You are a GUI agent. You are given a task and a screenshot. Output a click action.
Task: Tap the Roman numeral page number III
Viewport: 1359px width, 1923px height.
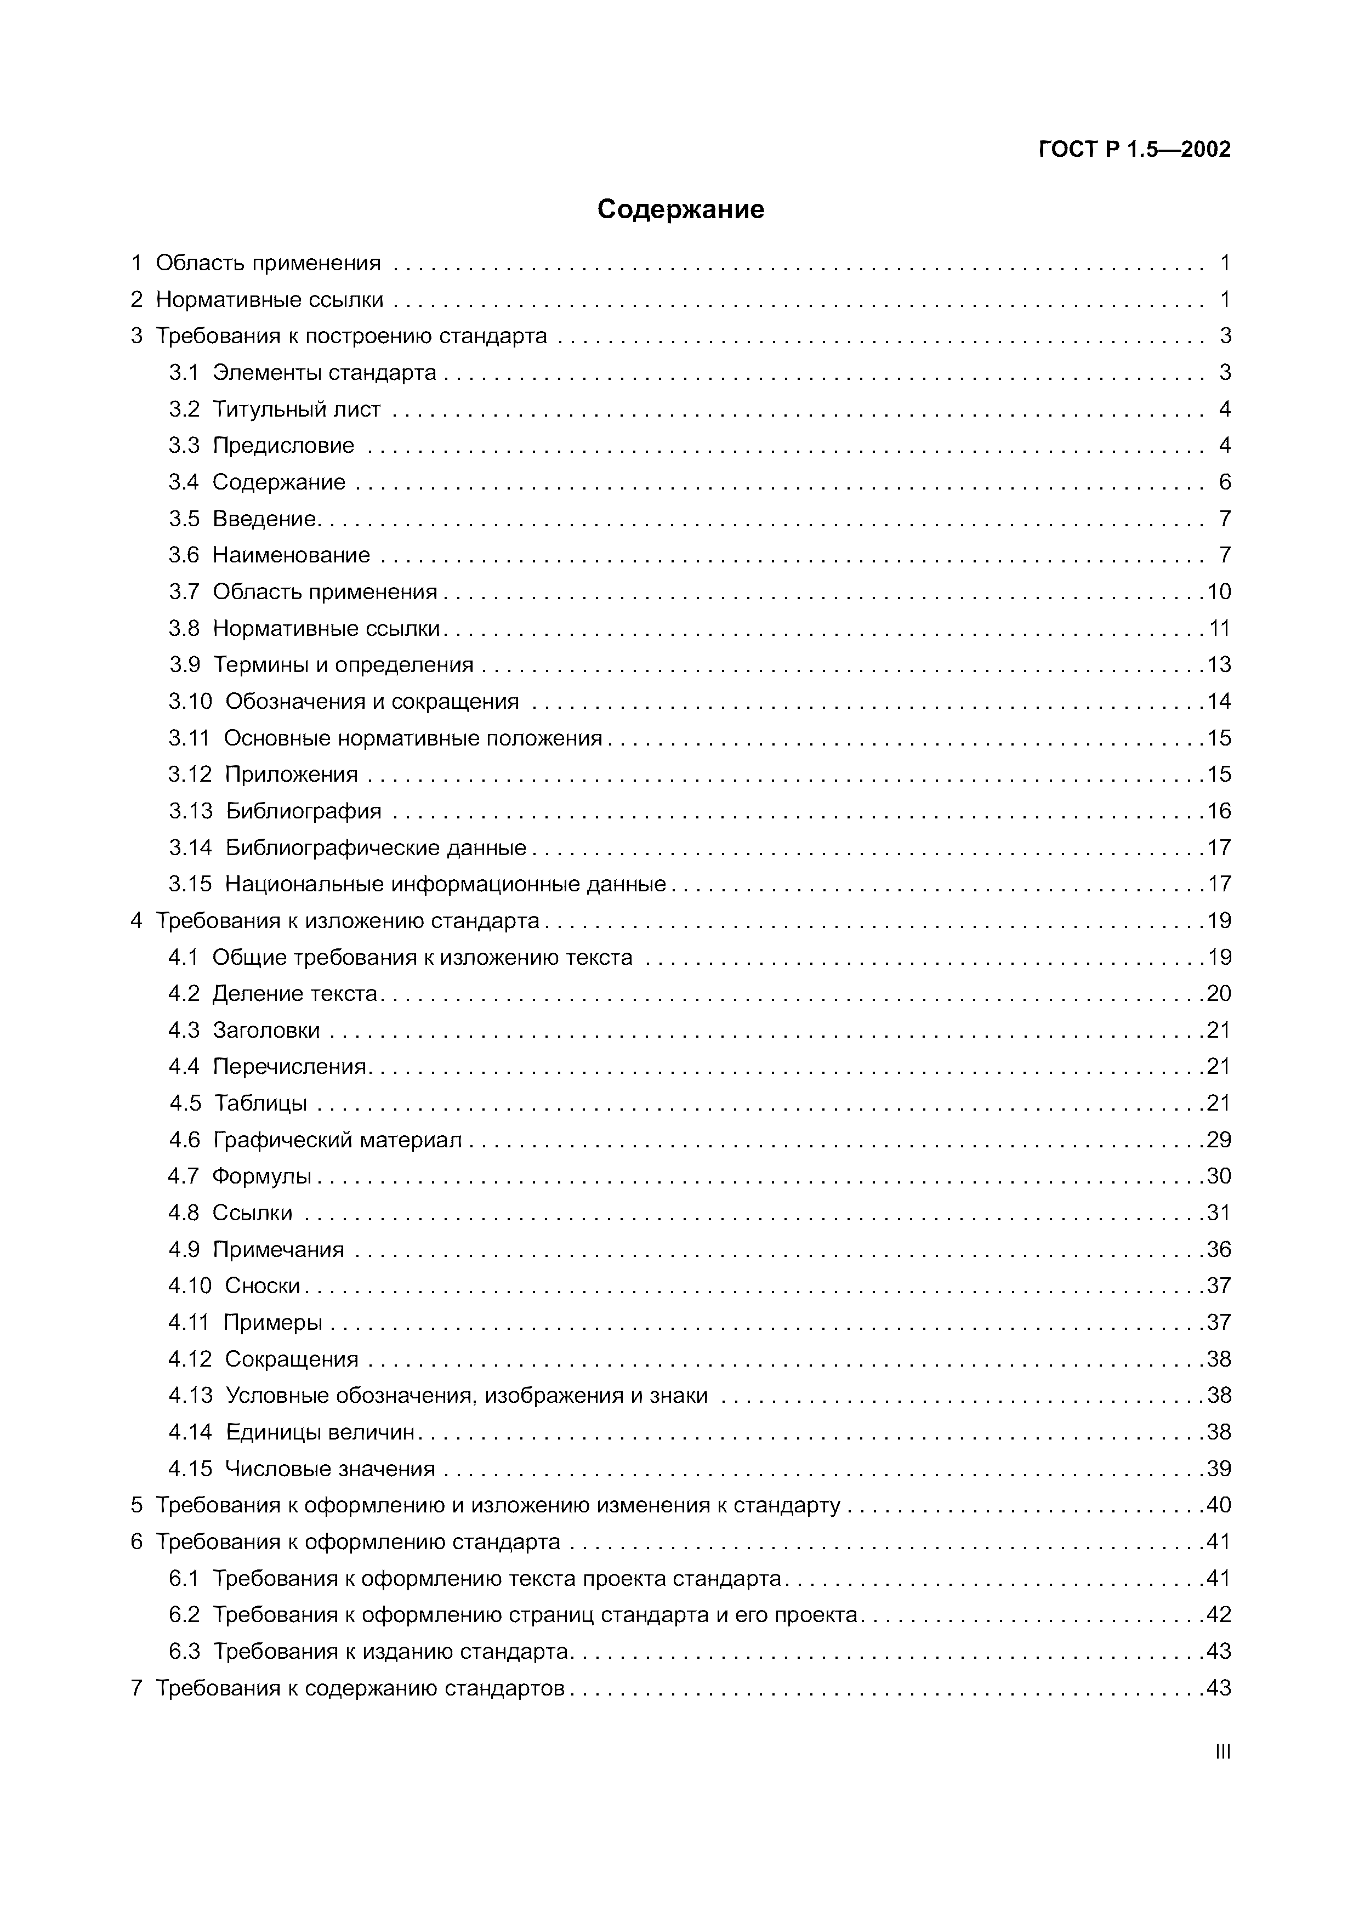pos(1222,1751)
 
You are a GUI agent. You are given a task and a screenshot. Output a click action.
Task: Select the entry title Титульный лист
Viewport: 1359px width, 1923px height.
pos(297,409)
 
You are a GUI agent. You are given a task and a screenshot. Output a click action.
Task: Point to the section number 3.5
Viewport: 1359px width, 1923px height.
pos(184,519)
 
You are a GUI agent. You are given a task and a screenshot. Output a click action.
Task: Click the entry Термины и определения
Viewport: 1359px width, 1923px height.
pos(343,665)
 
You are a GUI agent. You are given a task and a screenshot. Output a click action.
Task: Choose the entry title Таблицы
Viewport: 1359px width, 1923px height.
pos(260,1104)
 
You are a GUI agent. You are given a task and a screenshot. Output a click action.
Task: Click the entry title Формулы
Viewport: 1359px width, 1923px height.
pos(261,1177)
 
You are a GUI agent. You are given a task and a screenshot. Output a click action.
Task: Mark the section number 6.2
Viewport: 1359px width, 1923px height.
pos(184,1615)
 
